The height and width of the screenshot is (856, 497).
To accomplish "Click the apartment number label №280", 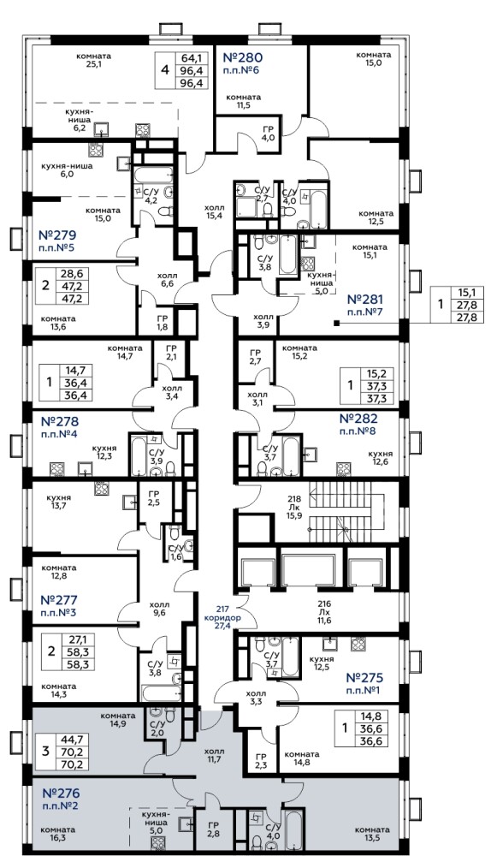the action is click(x=244, y=58).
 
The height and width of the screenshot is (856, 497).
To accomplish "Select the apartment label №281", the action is click(x=365, y=299).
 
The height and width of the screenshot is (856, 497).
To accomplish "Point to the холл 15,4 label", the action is click(x=215, y=211).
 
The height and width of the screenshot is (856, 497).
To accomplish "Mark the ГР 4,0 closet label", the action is click(x=268, y=134).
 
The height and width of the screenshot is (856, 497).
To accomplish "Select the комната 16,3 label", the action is click(x=59, y=834).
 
